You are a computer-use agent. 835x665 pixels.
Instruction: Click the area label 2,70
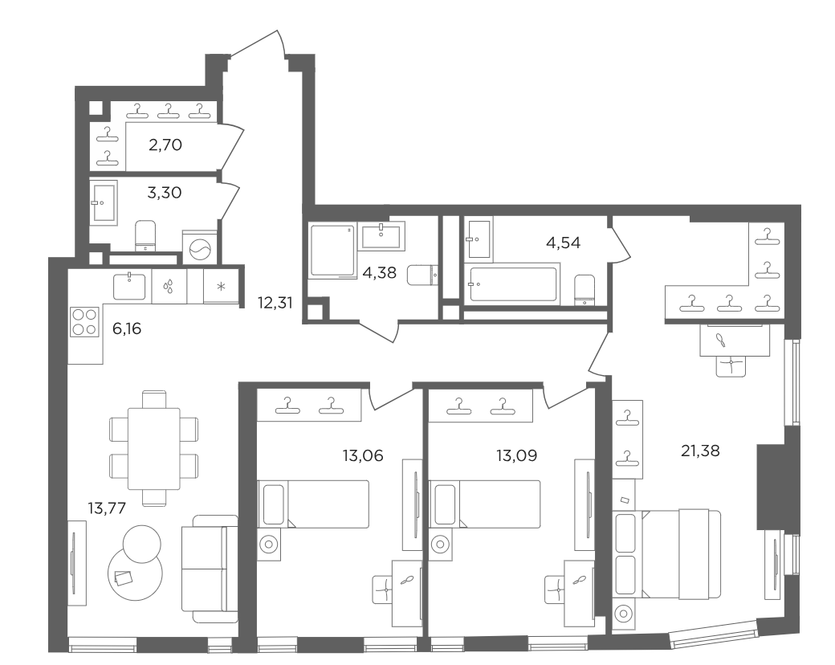165,145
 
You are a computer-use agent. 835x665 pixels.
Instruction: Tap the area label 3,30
165,193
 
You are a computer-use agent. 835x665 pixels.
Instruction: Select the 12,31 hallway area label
275,303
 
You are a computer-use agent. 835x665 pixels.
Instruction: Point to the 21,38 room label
700,451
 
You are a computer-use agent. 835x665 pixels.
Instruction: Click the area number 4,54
564,243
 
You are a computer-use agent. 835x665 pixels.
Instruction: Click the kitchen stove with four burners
84,321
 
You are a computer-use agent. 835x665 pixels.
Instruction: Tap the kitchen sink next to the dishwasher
129,286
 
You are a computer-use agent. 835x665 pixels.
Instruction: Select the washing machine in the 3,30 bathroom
200,247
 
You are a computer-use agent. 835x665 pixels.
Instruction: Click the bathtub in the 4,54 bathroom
512,284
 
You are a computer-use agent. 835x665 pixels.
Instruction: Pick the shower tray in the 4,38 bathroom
332,251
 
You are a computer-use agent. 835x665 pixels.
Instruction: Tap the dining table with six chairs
153,449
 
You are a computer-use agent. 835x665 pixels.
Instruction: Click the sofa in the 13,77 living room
210,569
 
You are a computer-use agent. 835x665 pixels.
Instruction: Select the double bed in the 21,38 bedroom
666,554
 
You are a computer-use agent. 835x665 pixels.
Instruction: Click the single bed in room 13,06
313,504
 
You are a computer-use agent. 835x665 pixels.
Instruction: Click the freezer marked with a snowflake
221,286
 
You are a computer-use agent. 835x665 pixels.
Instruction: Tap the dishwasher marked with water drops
169,286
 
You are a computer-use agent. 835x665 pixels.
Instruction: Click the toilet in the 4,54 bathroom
585,289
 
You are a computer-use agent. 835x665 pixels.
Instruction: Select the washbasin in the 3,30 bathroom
104,202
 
